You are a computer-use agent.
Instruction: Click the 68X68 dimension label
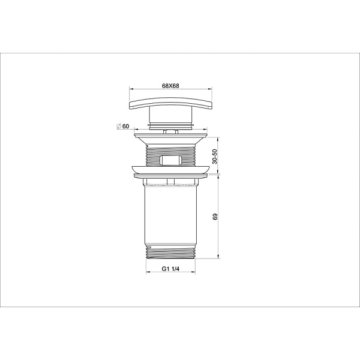[x=171, y=86]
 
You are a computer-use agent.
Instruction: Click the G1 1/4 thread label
[x=171, y=269]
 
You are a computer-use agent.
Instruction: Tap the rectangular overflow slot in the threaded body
[x=171, y=160]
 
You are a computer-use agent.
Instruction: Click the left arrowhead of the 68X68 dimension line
[x=132, y=91]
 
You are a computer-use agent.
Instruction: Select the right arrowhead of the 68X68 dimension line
[x=210, y=91]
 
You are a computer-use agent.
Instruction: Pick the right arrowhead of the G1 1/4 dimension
[x=194, y=274]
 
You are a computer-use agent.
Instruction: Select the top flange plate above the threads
[x=171, y=137]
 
